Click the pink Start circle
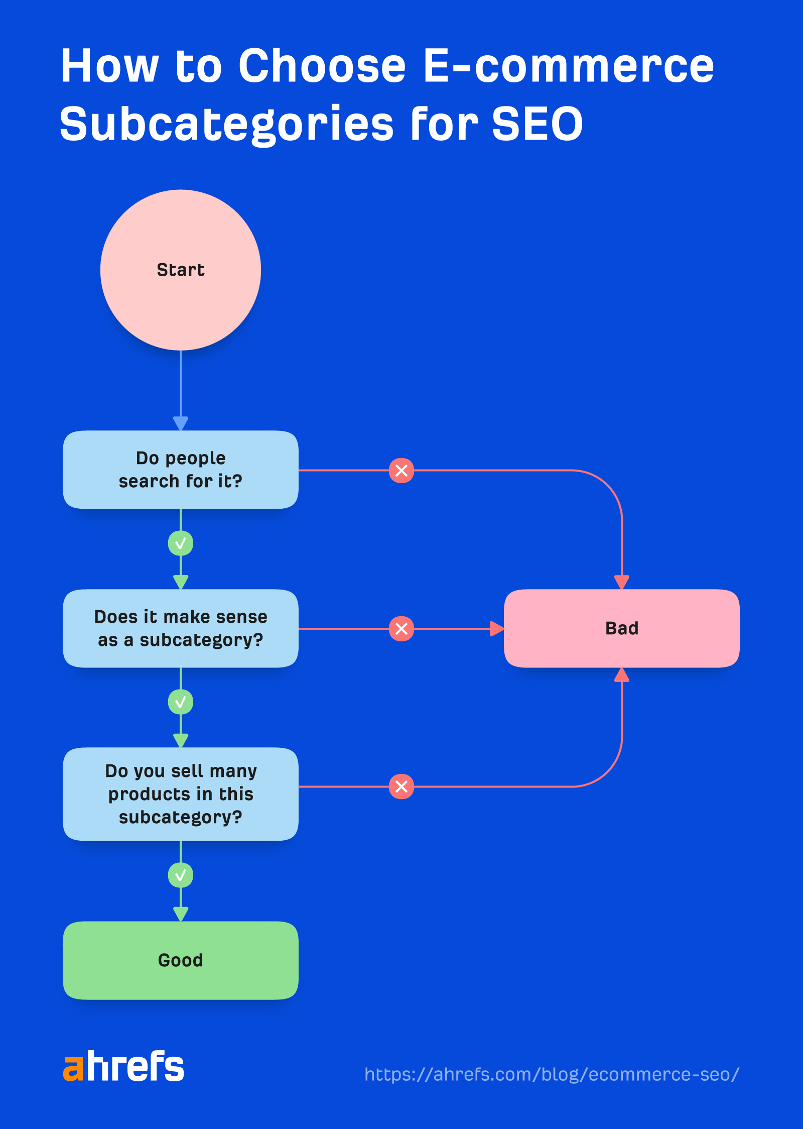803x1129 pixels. point(181,270)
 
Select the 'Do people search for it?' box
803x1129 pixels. point(181,470)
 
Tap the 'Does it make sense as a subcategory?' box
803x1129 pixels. point(181,628)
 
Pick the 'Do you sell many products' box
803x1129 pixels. point(181,794)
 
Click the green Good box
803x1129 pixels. point(181,960)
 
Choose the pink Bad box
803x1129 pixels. point(621,628)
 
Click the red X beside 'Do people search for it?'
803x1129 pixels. point(401,471)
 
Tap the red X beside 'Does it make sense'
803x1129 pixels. point(401,628)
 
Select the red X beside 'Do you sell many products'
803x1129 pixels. point(401,786)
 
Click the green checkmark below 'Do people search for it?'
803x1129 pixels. point(181,543)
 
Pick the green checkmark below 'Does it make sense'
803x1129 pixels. point(181,702)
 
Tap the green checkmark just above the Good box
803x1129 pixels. point(181,875)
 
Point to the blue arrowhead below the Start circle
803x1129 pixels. point(181,423)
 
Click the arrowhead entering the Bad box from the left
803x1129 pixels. point(496,628)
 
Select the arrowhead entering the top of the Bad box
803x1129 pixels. point(622,582)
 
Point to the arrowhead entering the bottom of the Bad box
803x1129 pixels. point(622,675)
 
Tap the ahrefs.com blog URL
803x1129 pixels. point(552,1074)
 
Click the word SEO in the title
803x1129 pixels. point(537,124)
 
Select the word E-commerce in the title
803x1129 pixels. point(568,66)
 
